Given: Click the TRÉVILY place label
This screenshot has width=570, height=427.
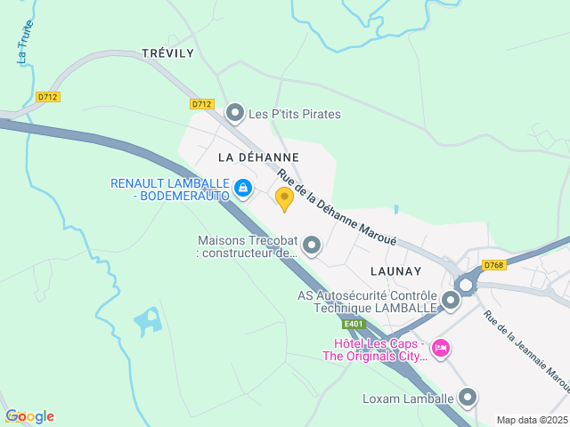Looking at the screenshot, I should click(x=167, y=53).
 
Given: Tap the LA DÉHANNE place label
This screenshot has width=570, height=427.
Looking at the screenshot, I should click(x=258, y=157).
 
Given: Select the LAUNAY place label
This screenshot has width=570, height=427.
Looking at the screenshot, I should click(x=395, y=270).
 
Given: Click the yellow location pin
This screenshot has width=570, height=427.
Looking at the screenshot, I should click(x=284, y=198).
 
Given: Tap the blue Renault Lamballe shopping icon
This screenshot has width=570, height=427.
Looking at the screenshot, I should click(x=243, y=189).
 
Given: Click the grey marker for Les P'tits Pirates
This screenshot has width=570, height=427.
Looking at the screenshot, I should click(x=235, y=113).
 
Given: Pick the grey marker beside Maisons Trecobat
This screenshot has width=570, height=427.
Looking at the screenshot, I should click(x=312, y=245).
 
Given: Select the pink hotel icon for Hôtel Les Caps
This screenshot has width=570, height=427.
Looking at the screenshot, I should click(x=440, y=346).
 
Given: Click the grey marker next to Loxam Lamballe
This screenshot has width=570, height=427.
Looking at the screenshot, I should click(x=468, y=398).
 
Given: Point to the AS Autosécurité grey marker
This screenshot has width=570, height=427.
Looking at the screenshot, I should click(x=451, y=301).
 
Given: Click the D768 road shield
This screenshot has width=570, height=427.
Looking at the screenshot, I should click(x=494, y=265).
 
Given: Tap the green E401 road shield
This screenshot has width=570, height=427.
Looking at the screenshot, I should click(x=354, y=325).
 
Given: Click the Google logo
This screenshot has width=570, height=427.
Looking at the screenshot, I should click(x=29, y=416).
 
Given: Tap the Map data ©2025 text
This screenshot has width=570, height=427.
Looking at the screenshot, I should click(x=532, y=420).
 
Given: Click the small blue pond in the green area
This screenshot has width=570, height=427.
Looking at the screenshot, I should click(x=148, y=320).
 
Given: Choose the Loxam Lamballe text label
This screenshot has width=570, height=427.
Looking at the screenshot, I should click(x=408, y=399).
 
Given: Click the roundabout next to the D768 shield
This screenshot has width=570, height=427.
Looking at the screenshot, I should click(x=465, y=285).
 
